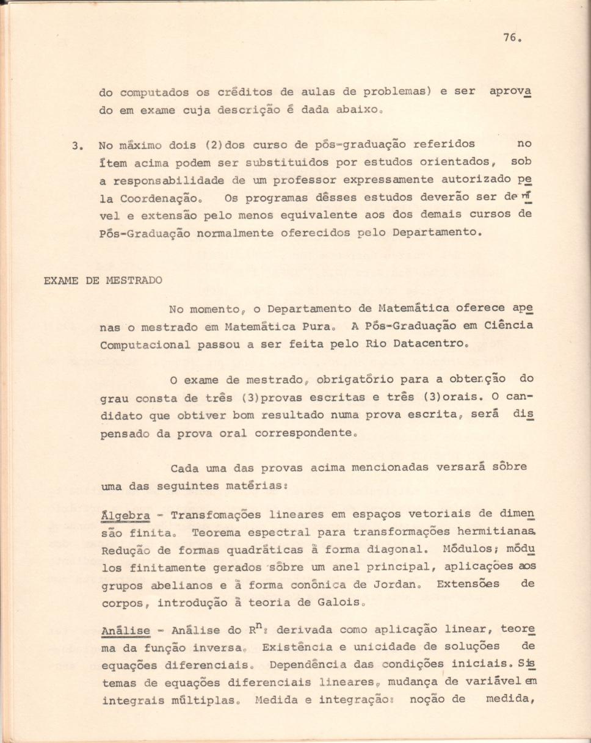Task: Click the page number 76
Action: (511, 37)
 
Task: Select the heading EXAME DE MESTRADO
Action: (103, 281)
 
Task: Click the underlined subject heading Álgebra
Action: (126, 515)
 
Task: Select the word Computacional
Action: (145, 344)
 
